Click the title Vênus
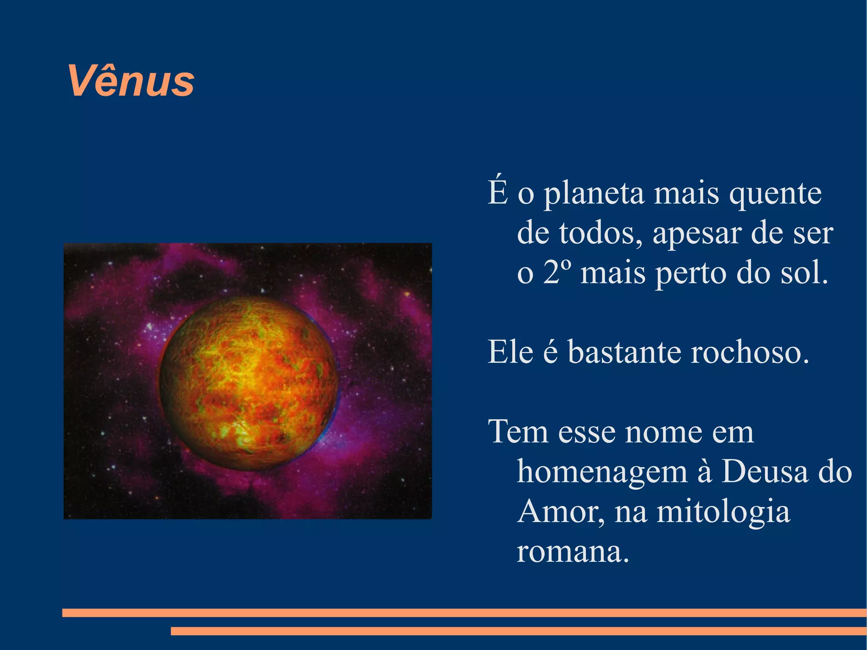point(131,81)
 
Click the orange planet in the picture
point(249,383)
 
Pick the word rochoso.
point(749,352)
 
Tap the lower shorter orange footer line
point(518,631)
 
